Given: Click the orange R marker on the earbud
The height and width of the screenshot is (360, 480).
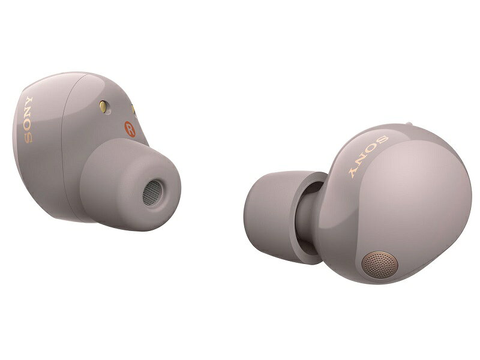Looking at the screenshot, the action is point(130,129).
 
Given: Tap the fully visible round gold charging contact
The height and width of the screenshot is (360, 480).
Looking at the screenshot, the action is point(103,107).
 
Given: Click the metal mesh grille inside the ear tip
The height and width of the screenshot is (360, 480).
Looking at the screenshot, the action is point(152,193).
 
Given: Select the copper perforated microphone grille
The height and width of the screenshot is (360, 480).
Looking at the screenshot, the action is point(380,265).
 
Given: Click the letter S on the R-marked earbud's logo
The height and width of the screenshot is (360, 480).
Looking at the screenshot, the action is point(28,138).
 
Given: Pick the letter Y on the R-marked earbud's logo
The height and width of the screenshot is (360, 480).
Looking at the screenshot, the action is point(28,101).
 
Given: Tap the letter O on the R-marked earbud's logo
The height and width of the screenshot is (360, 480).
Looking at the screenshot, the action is point(28,126).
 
